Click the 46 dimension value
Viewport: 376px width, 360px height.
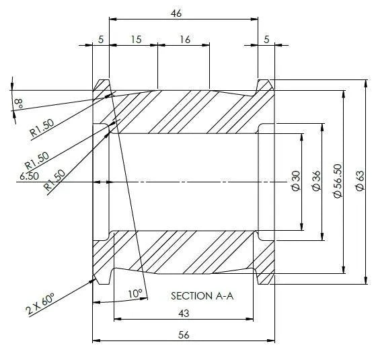176,13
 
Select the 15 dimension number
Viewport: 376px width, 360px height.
136,39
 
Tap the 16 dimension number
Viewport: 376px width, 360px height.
185,39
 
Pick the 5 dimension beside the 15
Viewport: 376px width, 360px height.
101,39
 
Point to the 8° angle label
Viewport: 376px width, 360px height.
20,104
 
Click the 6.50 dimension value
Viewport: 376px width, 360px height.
29,176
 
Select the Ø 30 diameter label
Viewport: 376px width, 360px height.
296,181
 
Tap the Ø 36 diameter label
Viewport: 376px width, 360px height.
316,181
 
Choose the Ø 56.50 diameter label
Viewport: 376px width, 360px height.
338,181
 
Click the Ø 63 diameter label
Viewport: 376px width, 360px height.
360,181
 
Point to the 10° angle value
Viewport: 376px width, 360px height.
135,293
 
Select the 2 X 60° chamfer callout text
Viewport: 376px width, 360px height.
40,303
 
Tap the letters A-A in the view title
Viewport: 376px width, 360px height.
225,296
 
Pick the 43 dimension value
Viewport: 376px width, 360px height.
184,313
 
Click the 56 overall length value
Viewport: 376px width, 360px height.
184,335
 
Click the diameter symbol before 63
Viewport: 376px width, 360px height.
360,187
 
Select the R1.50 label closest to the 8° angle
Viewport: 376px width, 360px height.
42,127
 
